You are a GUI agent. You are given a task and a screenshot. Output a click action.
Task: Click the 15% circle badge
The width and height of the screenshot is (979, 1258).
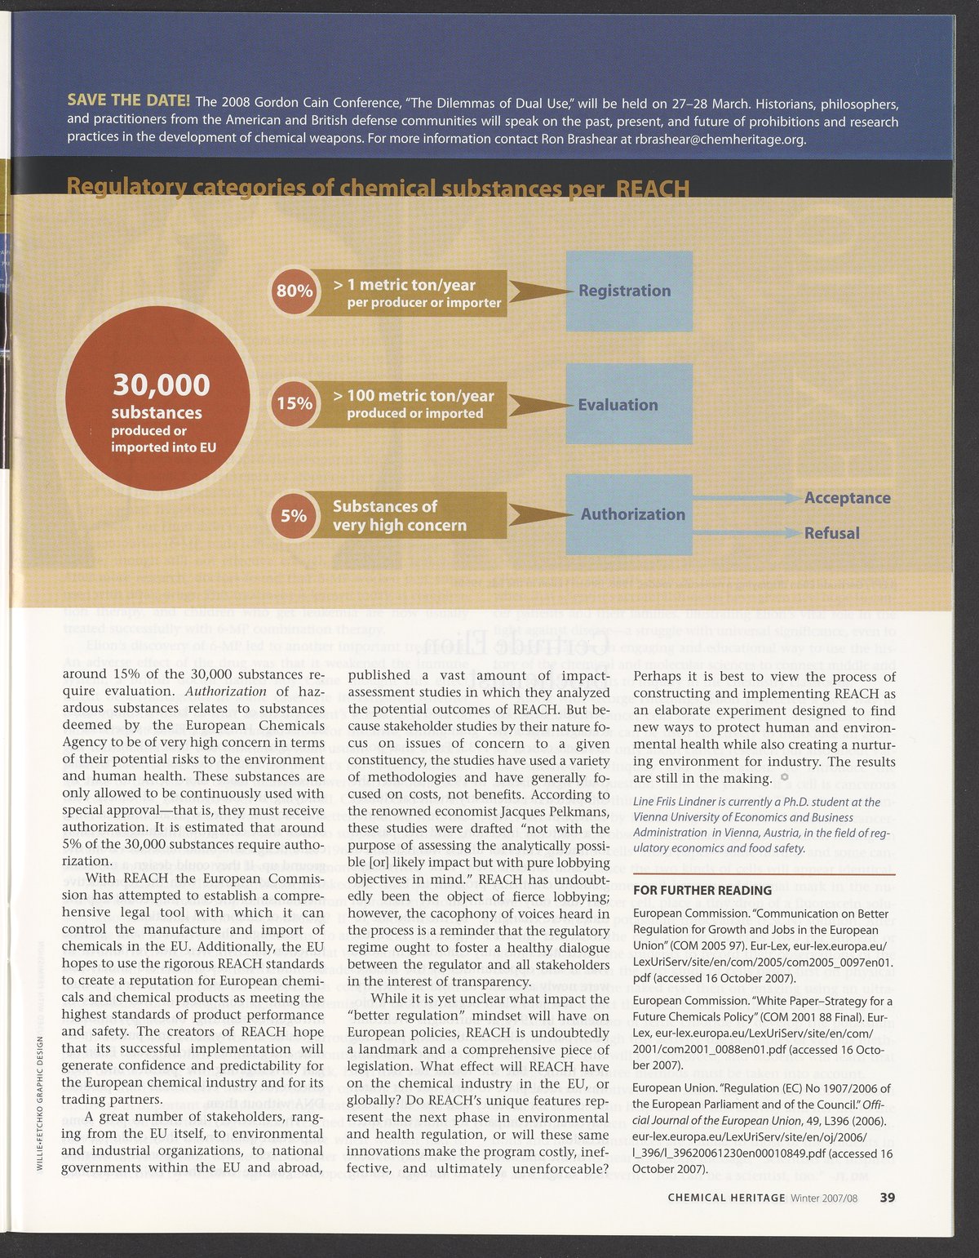point(294,403)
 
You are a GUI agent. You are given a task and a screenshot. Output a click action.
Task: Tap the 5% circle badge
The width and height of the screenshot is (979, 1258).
point(293,515)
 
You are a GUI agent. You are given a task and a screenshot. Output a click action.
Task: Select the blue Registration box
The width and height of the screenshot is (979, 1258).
point(629,291)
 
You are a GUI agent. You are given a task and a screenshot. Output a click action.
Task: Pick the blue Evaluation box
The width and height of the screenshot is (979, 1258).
point(629,405)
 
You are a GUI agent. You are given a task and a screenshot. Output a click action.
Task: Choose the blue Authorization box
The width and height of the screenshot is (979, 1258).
point(629,514)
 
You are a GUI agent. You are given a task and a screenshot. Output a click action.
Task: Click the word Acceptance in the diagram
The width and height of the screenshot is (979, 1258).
point(847,498)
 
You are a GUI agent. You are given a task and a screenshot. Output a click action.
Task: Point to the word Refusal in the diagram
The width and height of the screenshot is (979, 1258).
point(831,533)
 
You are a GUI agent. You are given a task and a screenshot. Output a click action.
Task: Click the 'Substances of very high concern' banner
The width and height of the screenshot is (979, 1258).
point(408,515)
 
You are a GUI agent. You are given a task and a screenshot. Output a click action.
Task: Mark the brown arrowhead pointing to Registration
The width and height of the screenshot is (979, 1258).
point(535,291)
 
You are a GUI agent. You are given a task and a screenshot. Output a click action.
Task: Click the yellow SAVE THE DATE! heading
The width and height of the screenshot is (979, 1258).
point(129,100)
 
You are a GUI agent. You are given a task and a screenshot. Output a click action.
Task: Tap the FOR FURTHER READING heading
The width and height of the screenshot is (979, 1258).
point(702,890)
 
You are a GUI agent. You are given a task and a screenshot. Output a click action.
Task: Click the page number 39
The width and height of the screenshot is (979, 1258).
point(888,1198)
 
